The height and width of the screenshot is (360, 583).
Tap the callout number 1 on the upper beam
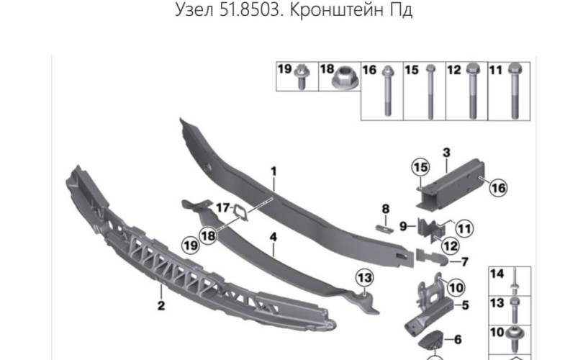point(274,171)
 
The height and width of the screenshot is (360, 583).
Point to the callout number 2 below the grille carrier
point(161,305)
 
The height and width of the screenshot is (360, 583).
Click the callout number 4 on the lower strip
point(274,235)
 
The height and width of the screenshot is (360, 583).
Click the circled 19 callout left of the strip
point(189,246)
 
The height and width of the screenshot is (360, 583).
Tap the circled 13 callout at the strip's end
point(364,277)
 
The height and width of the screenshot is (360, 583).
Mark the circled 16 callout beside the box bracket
point(497,188)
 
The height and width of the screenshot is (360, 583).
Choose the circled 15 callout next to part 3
point(419,168)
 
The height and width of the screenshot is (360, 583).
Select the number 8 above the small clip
point(386,209)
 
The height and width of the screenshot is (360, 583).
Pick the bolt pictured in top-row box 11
point(515,94)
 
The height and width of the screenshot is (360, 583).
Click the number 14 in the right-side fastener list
point(497,274)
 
